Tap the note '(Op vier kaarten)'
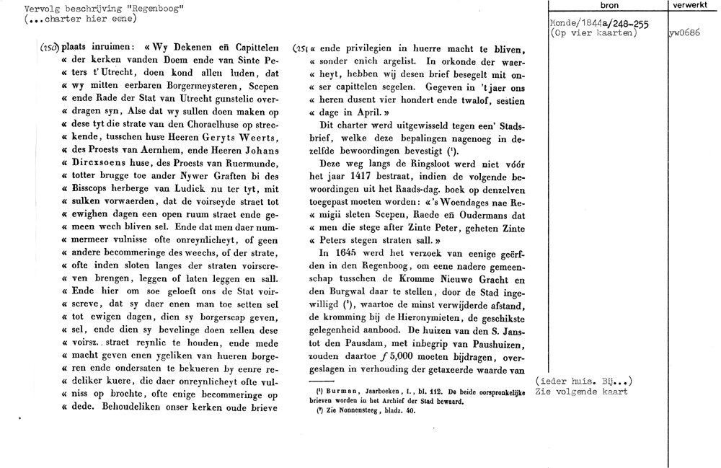[593, 32]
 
